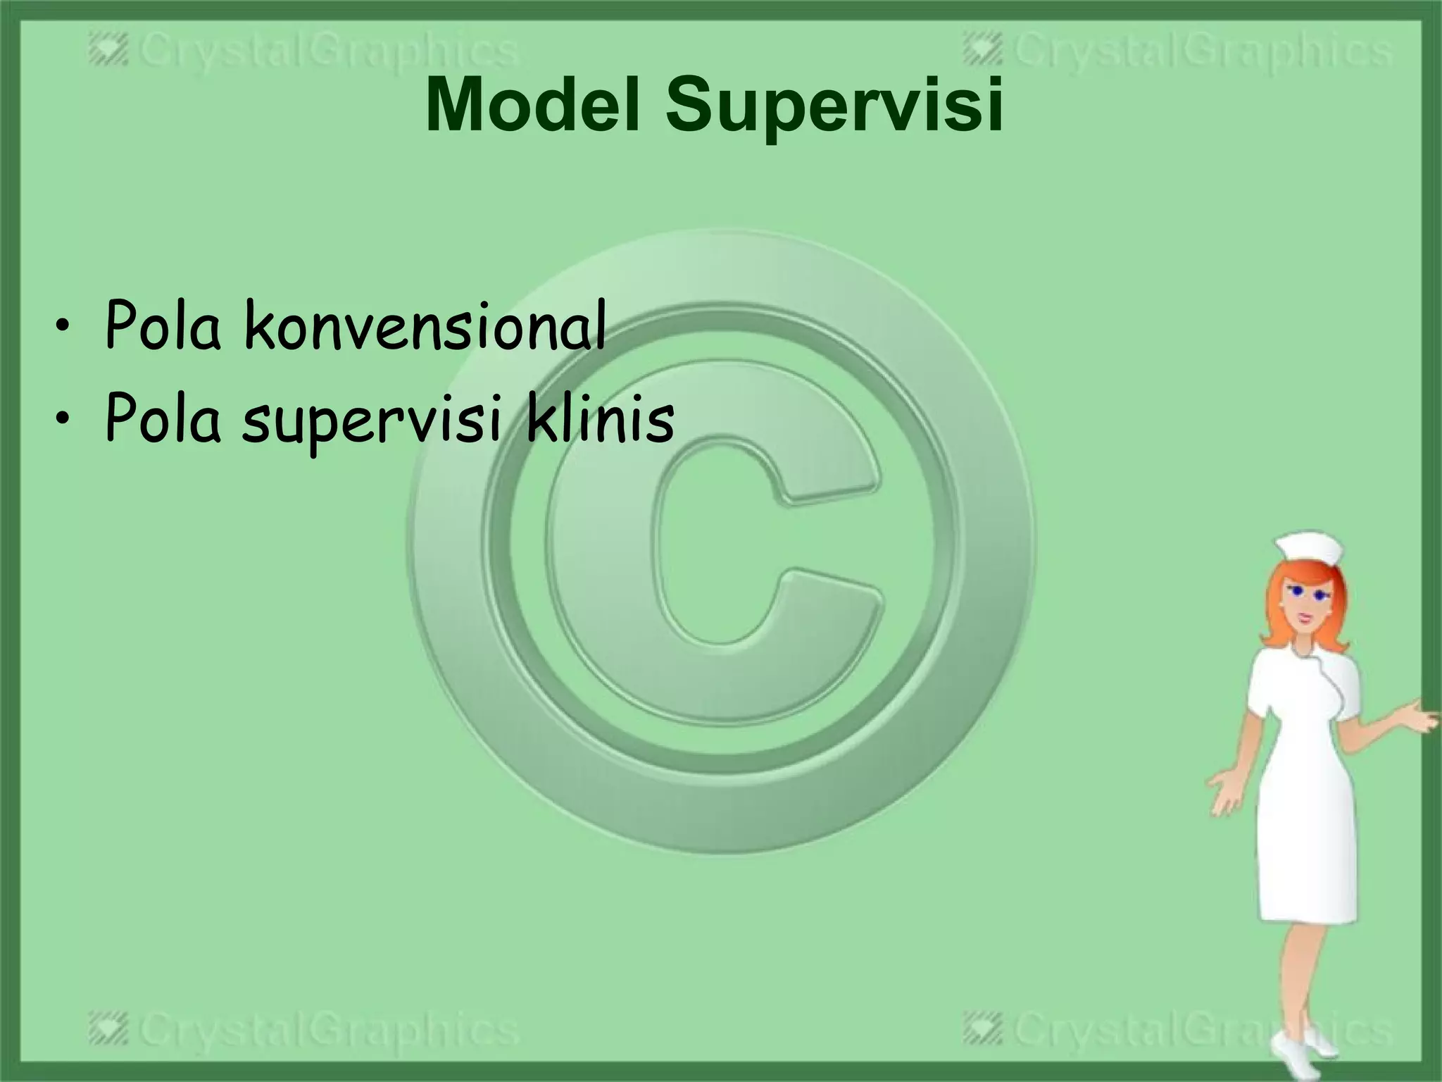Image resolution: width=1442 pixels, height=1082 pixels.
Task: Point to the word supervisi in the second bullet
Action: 372,423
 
